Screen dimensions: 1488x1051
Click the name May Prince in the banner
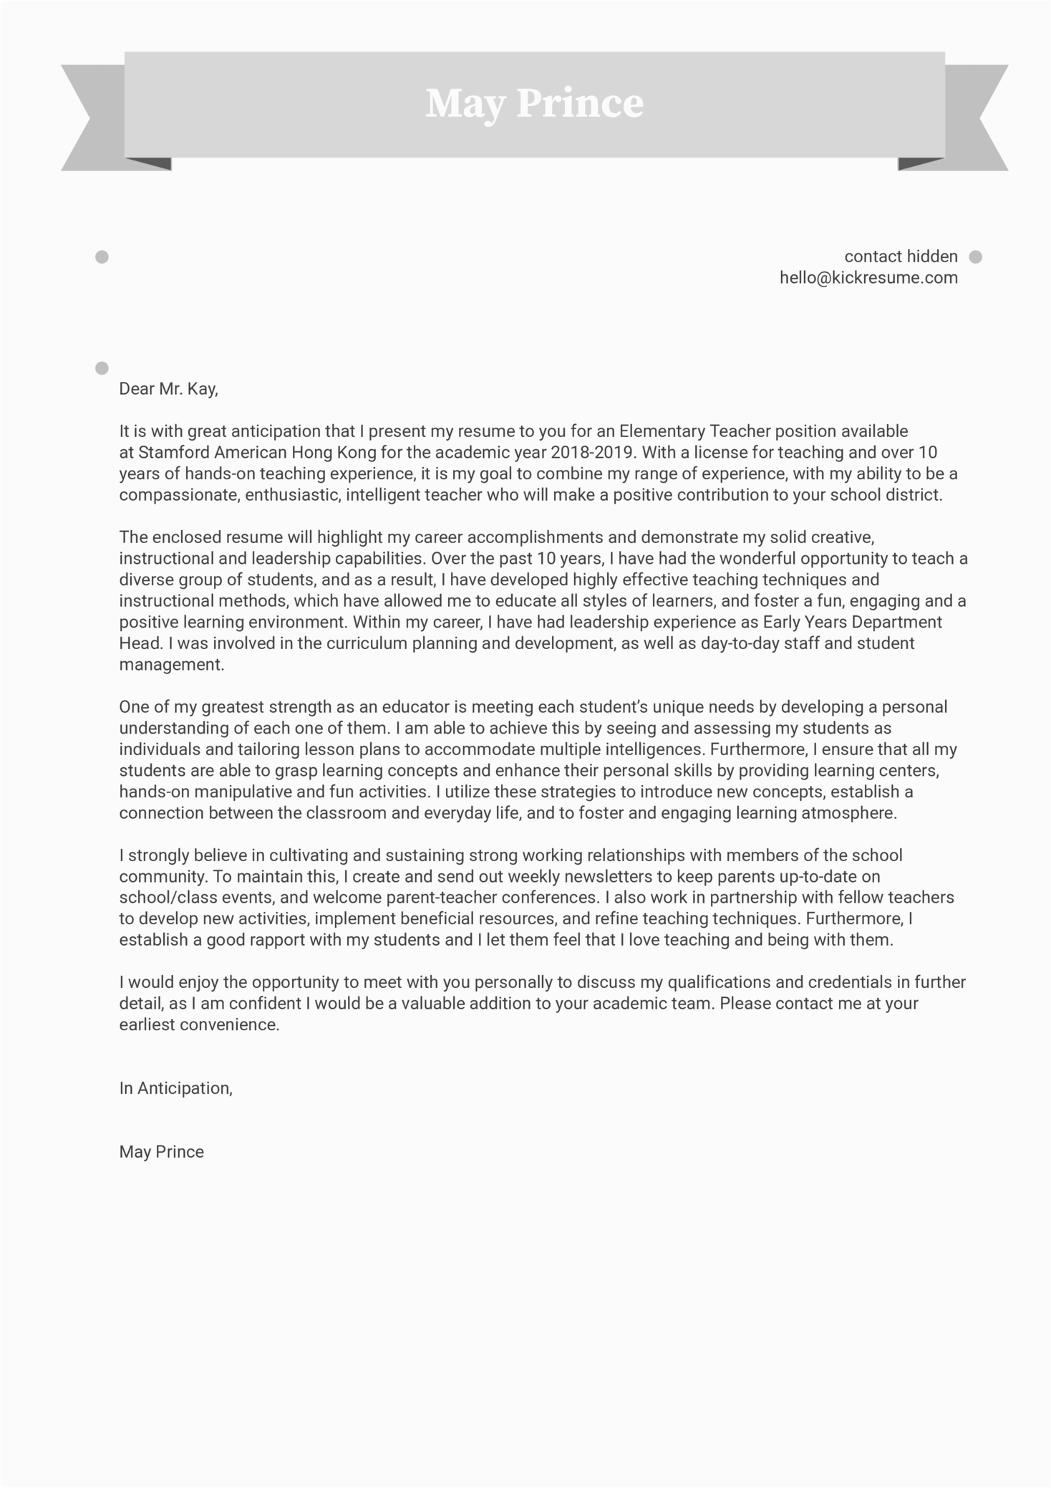pyautogui.click(x=534, y=104)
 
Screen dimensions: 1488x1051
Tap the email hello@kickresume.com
pyautogui.click(x=868, y=278)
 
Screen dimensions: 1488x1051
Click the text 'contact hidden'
pyautogui.click(x=901, y=256)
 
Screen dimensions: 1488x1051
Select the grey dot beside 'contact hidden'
pyautogui.click(x=975, y=256)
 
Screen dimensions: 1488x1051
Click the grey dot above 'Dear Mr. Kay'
pyautogui.click(x=102, y=368)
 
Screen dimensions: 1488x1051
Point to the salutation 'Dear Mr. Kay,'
pyautogui.click(x=168, y=389)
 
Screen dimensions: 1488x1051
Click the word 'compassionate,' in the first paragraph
pyautogui.click(x=180, y=495)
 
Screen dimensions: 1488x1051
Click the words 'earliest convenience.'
pyautogui.click(x=199, y=1025)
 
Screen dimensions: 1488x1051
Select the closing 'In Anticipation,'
pyautogui.click(x=176, y=1088)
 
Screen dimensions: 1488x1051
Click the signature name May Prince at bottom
pyautogui.click(x=162, y=1152)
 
